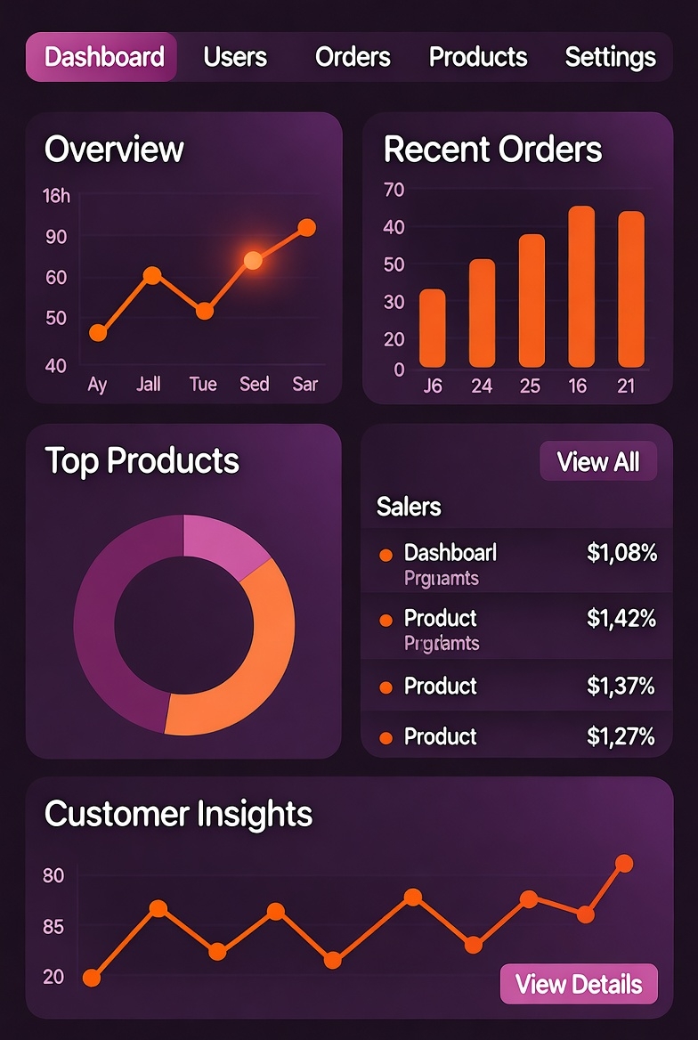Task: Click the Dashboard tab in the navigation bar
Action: click(x=103, y=57)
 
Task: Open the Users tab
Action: click(x=235, y=57)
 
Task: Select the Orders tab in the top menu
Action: click(x=353, y=57)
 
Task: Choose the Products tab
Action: click(x=478, y=57)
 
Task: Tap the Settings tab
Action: click(x=610, y=57)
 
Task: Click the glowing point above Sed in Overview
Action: click(x=253, y=260)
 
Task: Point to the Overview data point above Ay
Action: click(x=98, y=333)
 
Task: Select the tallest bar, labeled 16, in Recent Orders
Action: click(x=581, y=287)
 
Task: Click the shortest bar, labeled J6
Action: click(x=433, y=328)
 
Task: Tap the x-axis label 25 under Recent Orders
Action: click(x=530, y=386)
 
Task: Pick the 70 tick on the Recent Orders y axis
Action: click(x=394, y=189)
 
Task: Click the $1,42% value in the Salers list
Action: click(x=621, y=618)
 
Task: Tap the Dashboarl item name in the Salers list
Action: click(x=450, y=553)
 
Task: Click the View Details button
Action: click(x=579, y=984)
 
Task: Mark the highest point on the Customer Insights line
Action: click(x=624, y=863)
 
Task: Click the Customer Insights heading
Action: click(x=178, y=814)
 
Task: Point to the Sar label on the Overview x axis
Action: click(x=305, y=385)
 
